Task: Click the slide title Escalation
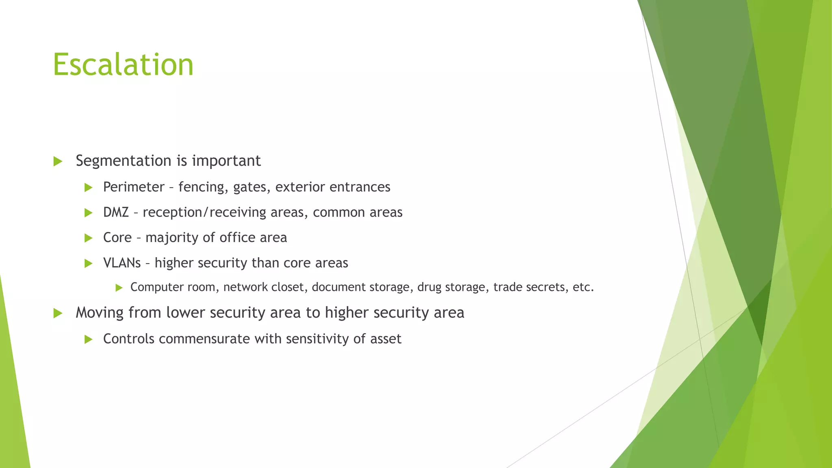(x=123, y=65)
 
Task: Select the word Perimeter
(x=134, y=187)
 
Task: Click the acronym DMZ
(x=116, y=212)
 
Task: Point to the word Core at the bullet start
(x=117, y=238)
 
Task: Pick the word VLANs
(x=122, y=263)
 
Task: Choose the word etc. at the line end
(x=583, y=287)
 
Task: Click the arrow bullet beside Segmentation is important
(x=58, y=161)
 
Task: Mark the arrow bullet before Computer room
(x=119, y=288)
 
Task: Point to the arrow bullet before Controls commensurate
(x=89, y=339)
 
